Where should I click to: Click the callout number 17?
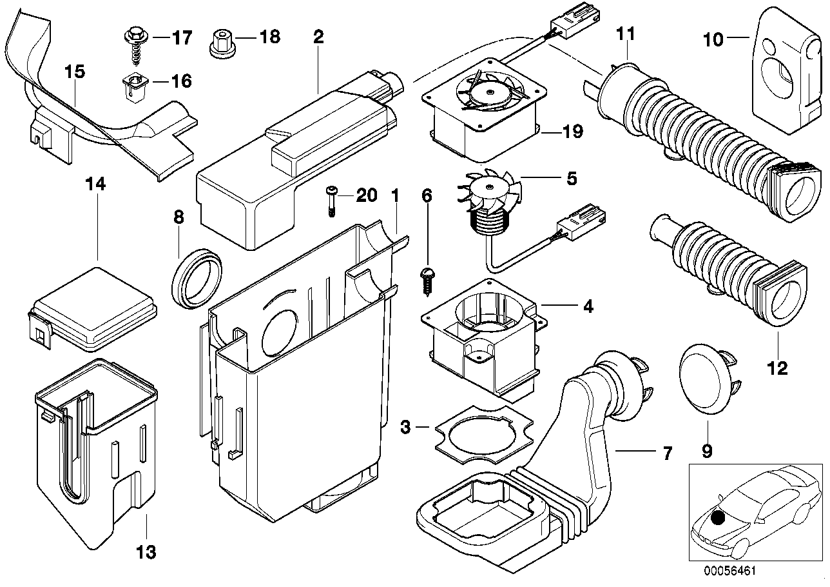tap(182, 37)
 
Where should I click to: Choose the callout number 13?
tap(146, 552)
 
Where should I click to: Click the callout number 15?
tap(75, 71)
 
